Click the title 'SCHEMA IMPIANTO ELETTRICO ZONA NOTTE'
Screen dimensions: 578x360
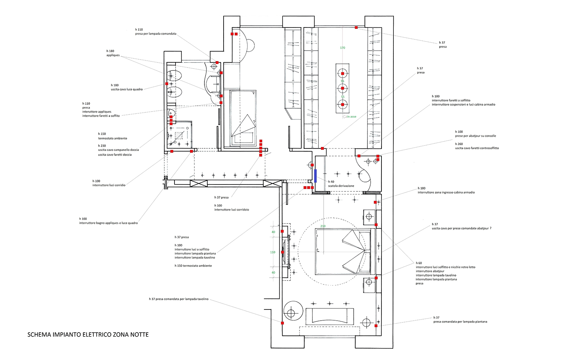click(x=88, y=335)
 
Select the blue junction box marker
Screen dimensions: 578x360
click(x=315, y=176)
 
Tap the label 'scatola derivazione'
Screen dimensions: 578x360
click(x=341, y=186)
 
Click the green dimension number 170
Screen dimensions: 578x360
click(x=342, y=48)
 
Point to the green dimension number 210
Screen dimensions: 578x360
click(x=323, y=226)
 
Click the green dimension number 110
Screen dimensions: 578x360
click(x=273, y=252)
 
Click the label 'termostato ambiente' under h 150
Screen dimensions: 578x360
click(x=112, y=139)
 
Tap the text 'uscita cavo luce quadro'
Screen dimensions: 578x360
click(x=127, y=90)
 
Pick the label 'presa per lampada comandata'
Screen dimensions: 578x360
click(x=156, y=34)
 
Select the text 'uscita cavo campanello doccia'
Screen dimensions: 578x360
click(x=118, y=150)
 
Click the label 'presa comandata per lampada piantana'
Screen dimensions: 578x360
click(x=460, y=322)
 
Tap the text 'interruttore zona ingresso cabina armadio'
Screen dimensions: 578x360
click(x=446, y=192)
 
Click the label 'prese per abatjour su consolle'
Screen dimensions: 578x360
click(x=475, y=136)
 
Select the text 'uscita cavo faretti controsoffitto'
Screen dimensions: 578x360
click(x=477, y=148)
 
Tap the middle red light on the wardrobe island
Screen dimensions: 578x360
click(x=342, y=88)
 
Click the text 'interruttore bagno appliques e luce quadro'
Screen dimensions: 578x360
click(x=108, y=223)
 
